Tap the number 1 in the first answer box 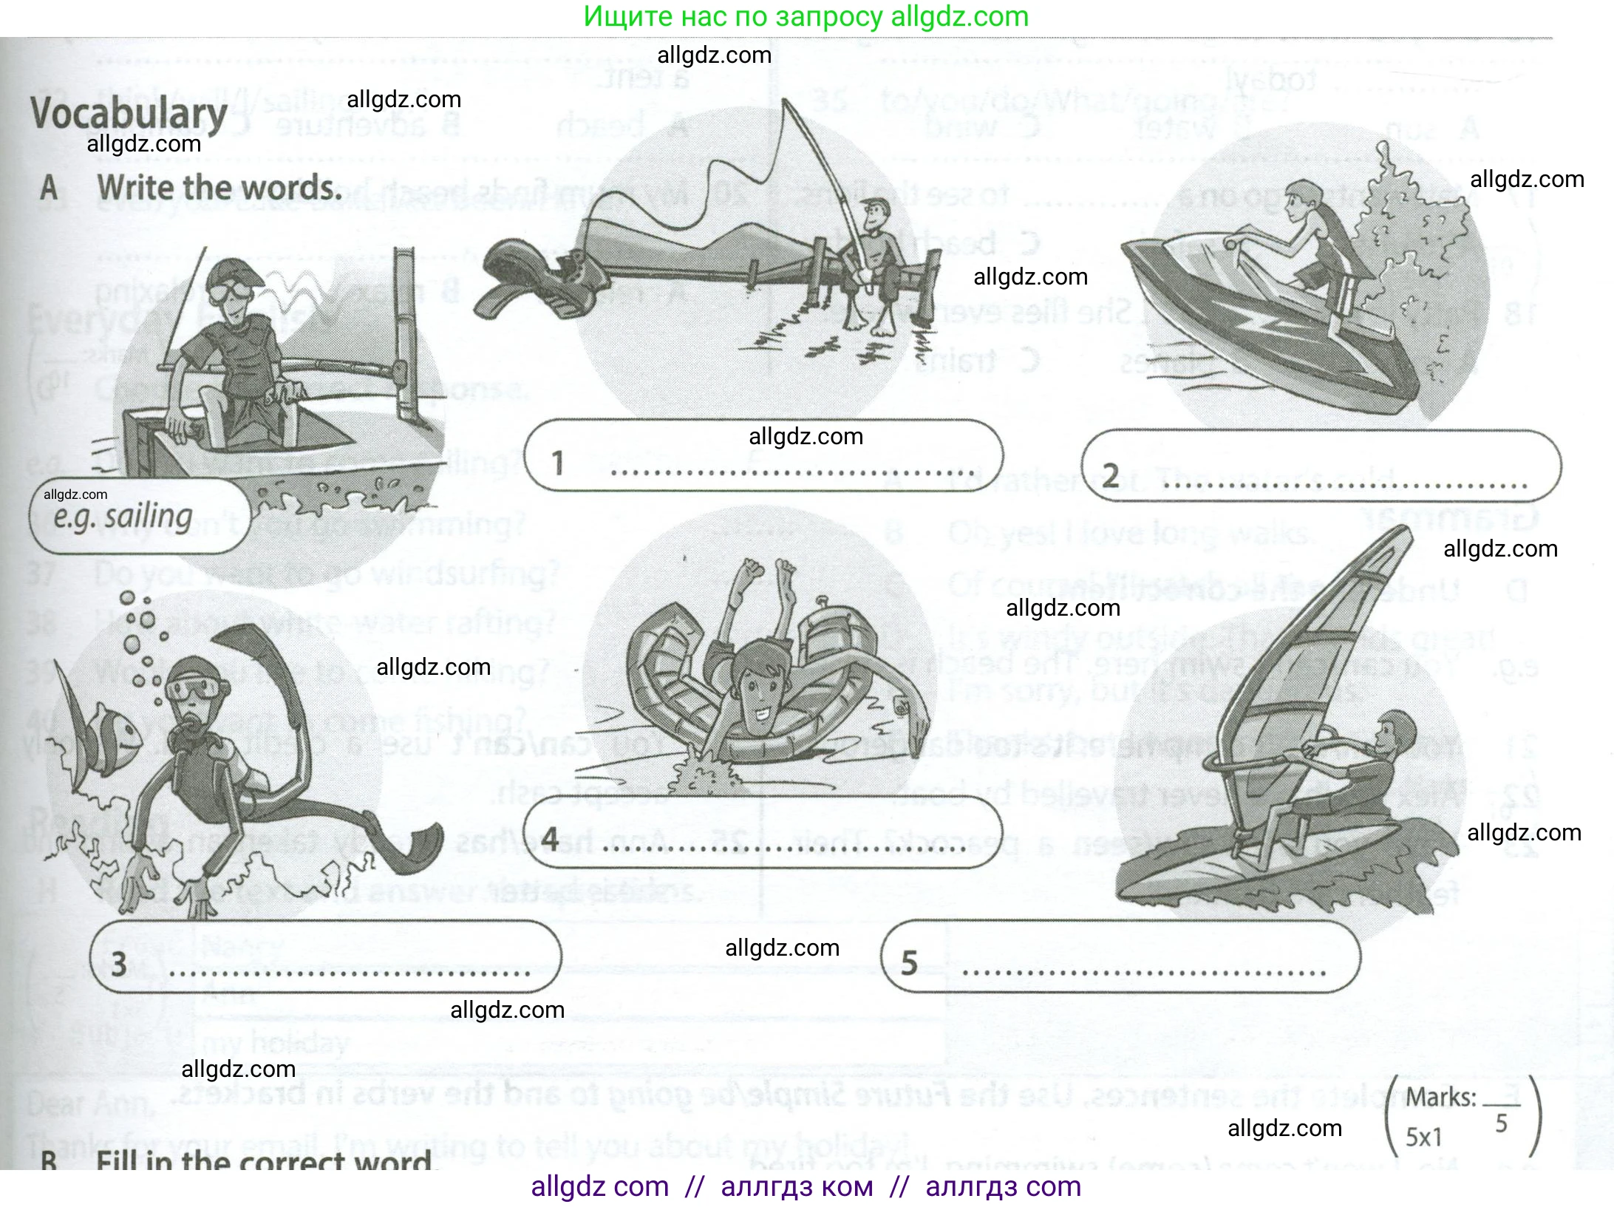[558, 463]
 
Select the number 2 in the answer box [1110, 475]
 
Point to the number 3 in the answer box [118, 964]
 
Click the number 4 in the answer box [550, 840]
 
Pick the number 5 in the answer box [909, 963]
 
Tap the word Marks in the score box [1440, 1097]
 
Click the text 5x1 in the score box [1423, 1137]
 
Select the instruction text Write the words [219, 188]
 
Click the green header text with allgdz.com [806, 16]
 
